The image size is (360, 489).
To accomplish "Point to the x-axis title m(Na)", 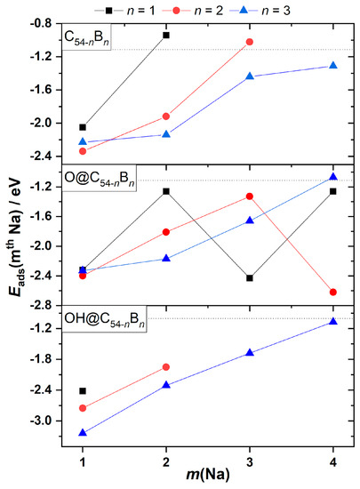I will [x=207, y=476].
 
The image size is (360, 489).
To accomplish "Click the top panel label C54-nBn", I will [x=87, y=38].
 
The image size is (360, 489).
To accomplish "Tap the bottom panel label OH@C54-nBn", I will [x=103, y=317].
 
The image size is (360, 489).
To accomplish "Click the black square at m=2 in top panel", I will [x=166, y=36].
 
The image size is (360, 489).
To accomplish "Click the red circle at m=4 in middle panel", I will [x=332, y=292].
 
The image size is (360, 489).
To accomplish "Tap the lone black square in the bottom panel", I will [x=83, y=391].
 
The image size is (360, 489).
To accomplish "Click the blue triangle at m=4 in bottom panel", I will [x=332, y=322].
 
